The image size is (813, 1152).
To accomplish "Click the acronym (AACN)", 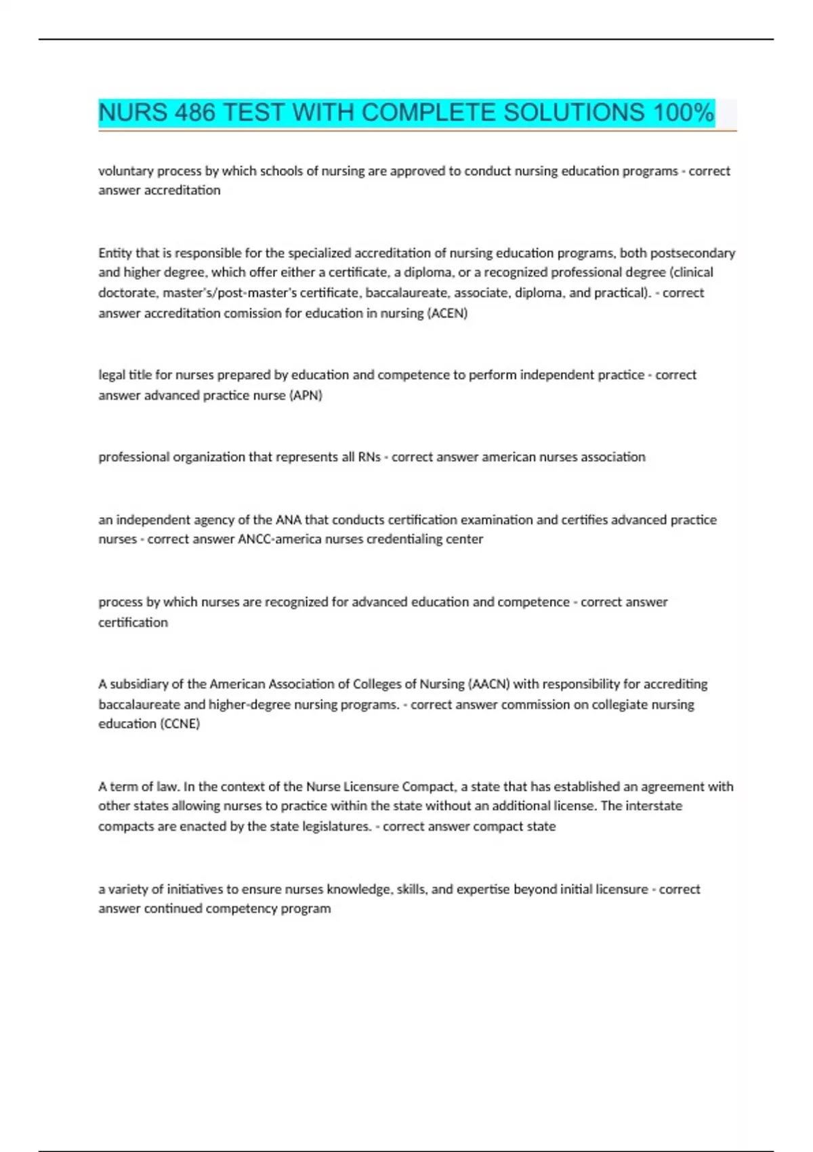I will (488, 684).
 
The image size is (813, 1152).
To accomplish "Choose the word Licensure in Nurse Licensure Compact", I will (371, 787).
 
